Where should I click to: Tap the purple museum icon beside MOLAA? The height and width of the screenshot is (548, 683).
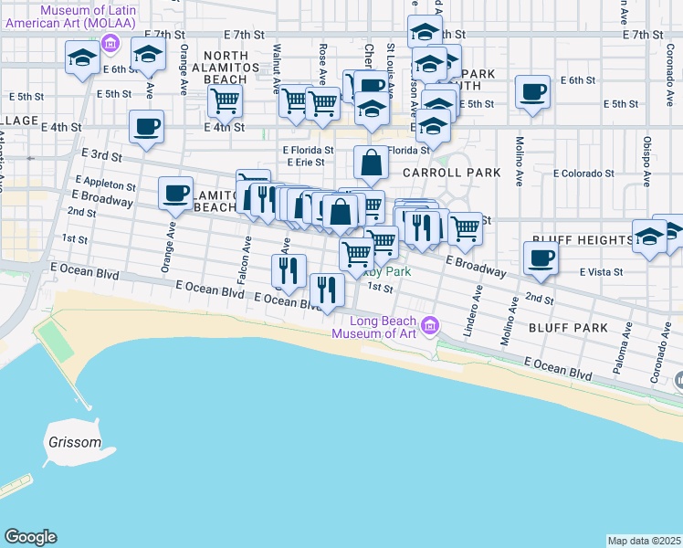click(110, 42)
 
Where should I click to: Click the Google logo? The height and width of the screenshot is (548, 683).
click(30, 537)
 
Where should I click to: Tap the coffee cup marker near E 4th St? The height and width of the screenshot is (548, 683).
click(145, 128)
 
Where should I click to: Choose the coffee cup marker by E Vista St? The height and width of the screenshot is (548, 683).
click(541, 258)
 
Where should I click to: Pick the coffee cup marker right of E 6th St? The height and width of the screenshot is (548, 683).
click(532, 91)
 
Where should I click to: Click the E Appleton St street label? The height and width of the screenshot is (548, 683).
click(106, 182)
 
